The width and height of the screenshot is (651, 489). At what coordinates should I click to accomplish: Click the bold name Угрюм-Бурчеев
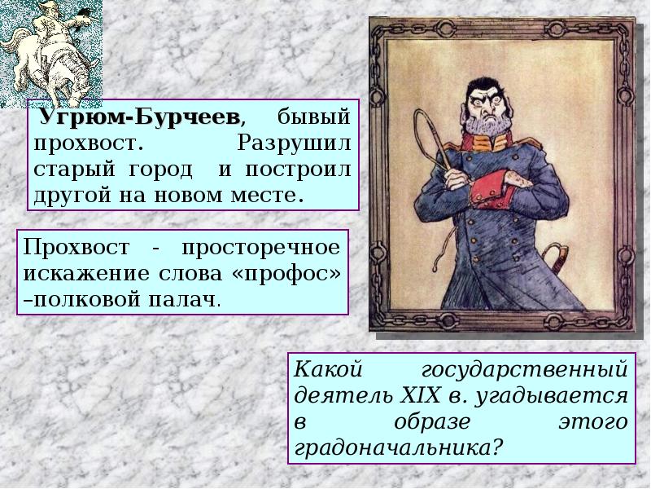coord(138,117)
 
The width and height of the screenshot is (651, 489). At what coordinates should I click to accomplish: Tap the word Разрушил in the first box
coord(294,143)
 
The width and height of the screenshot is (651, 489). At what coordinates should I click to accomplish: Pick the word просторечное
coord(261,249)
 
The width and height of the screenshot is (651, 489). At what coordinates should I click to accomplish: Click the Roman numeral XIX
coord(420,395)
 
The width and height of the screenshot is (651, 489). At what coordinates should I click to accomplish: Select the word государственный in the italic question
coord(524,370)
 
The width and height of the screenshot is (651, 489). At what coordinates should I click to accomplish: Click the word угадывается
coord(551,397)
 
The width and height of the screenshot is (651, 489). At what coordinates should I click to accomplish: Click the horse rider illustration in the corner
coord(50,52)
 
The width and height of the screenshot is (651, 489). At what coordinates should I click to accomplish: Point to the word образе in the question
coord(431,423)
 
